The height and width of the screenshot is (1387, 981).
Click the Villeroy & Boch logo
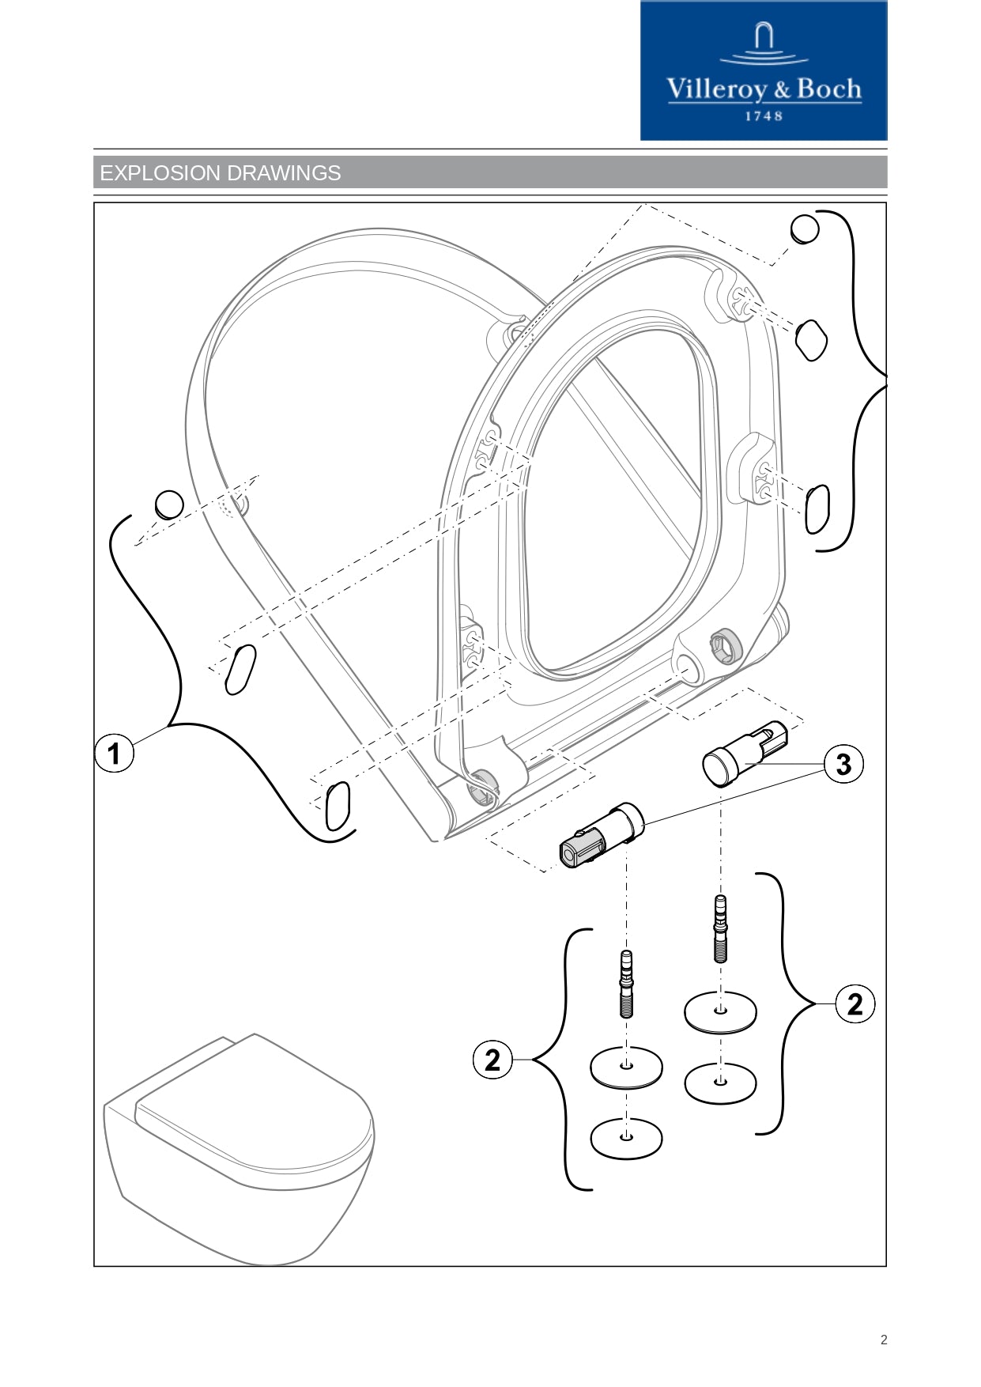pos(764,71)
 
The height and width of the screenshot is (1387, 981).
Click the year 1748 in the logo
pos(764,116)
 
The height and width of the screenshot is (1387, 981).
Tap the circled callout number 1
pos(115,753)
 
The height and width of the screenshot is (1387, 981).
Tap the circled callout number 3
pos(843,764)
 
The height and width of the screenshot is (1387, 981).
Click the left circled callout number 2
pos(492,1060)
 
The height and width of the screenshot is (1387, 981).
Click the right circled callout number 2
pos(855,1004)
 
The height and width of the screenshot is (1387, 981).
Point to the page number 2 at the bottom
pos(884,1340)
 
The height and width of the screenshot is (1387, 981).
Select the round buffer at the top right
pos(805,229)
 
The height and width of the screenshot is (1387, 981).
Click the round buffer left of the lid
pos(169,505)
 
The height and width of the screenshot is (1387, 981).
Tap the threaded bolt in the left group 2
pos(626,984)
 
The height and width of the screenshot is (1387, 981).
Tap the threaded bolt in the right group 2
pos(720,928)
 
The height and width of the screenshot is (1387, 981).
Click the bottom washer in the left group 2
pos(626,1138)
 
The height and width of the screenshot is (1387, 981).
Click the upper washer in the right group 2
pos(720,1011)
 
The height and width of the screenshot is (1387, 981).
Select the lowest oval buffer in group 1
pos(338,806)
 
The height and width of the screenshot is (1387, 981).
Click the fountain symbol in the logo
pos(764,43)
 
